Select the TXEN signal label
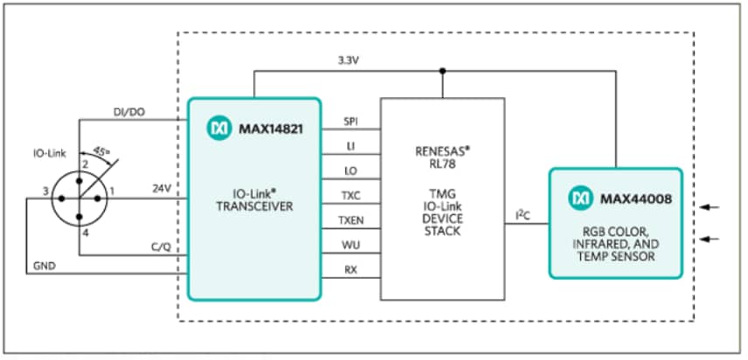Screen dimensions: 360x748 [x=350, y=223]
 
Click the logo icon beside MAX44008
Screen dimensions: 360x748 [x=580, y=198]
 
